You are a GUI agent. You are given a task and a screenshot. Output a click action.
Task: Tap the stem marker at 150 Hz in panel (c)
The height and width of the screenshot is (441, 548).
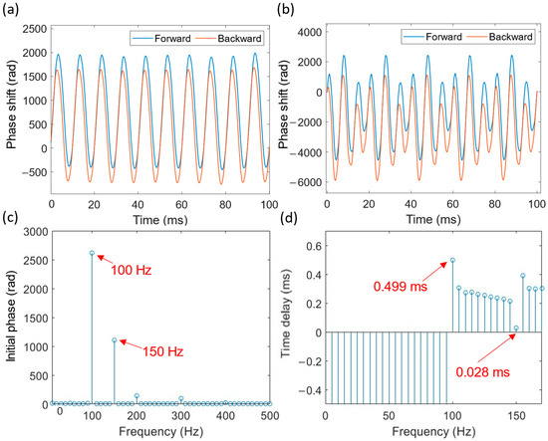pyautogui.click(x=115, y=339)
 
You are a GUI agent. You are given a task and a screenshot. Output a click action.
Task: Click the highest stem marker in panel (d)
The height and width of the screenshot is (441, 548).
pyautogui.click(x=452, y=260)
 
